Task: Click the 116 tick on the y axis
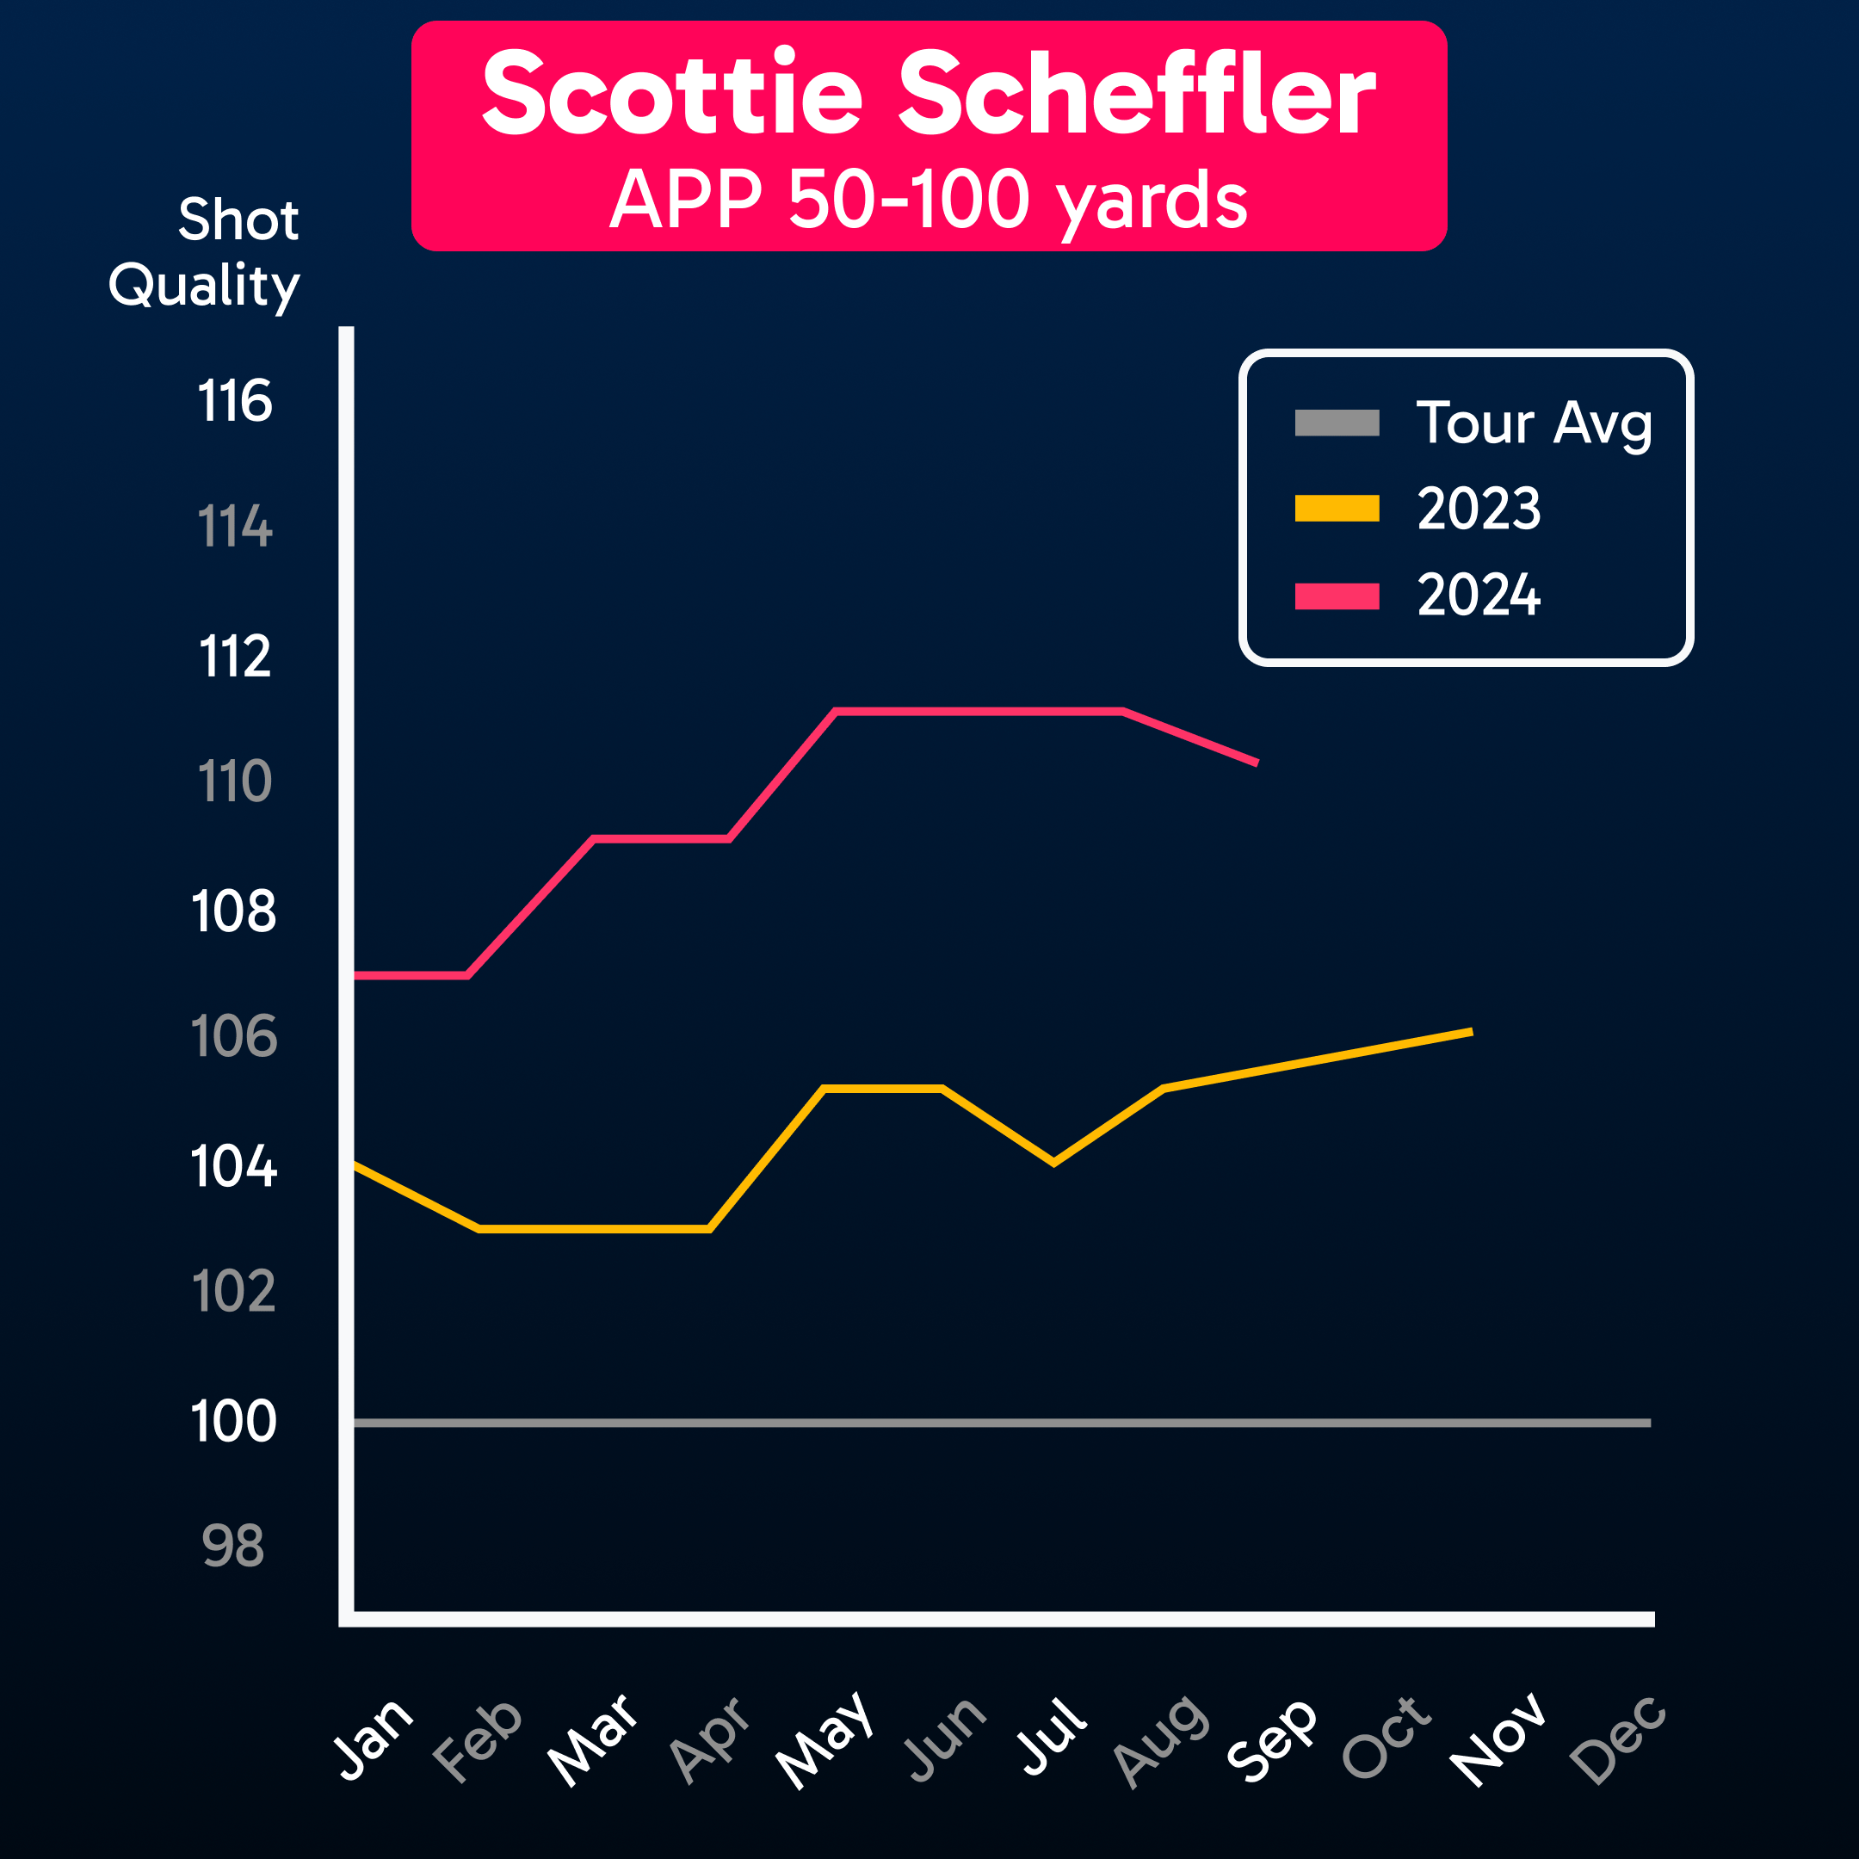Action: (x=235, y=401)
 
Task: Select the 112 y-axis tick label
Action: (x=235, y=658)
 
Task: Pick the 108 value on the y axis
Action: (x=234, y=911)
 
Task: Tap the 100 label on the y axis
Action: (x=234, y=1421)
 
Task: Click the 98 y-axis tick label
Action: (x=233, y=1547)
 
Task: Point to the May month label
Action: (x=825, y=1739)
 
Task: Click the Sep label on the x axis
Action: (x=1272, y=1739)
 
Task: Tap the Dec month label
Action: (x=1618, y=1739)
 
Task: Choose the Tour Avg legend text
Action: (x=1534, y=423)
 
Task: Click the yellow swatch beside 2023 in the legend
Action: (x=1337, y=508)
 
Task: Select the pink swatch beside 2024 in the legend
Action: (x=1337, y=596)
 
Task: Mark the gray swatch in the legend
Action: (x=1337, y=423)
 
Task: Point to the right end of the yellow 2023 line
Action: (x=1471, y=1032)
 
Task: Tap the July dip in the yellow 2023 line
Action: (x=1054, y=1163)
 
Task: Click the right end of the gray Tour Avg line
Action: (x=1649, y=1422)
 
